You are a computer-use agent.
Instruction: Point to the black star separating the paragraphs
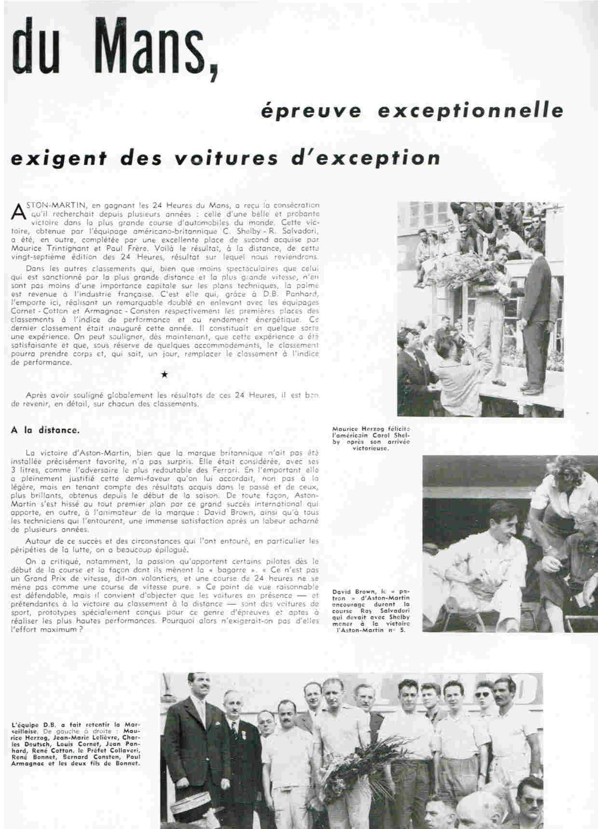164,374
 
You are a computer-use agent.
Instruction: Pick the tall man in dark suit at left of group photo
192,743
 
